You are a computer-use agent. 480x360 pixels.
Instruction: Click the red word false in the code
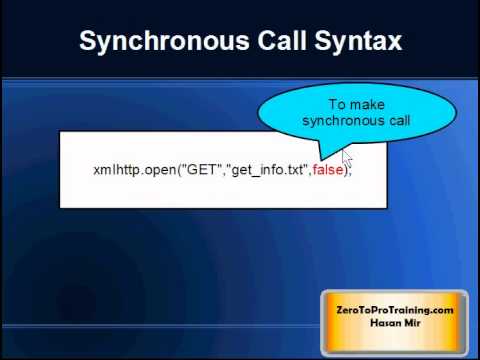click(x=327, y=170)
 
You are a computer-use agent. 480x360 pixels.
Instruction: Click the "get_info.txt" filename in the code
click(x=268, y=170)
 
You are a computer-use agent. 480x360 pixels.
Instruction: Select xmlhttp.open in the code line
click(x=134, y=170)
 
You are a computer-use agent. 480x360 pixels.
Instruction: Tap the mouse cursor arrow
click(x=346, y=159)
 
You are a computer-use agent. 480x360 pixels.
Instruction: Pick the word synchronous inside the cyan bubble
click(x=343, y=120)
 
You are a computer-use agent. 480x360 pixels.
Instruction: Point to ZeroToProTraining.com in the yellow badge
click(x=394, y=310)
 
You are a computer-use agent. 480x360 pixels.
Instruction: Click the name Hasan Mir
click(x=394, y=323)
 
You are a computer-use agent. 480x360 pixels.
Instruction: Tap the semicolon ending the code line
click(x=352, y=171)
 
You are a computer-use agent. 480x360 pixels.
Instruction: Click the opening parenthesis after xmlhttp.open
click(x=179, y=170)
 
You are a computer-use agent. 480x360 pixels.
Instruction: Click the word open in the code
click(x=160, y=170)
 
